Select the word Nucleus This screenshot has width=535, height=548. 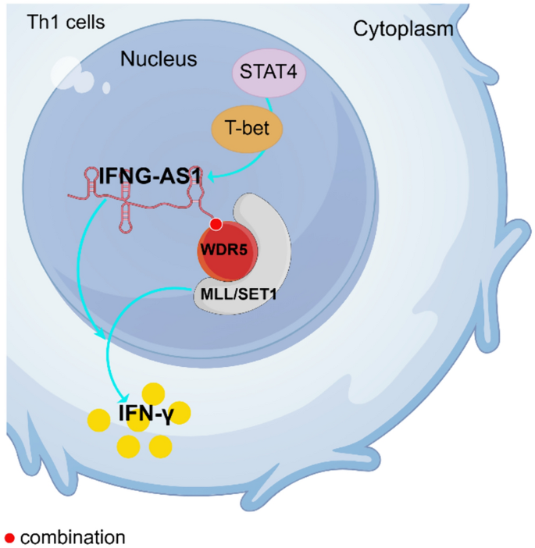159,59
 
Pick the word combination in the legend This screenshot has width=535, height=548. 73,537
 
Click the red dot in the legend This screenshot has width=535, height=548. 9,538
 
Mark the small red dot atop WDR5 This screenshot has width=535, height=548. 216,225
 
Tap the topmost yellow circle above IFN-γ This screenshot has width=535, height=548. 154,392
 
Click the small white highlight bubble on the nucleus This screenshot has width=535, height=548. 105,87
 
